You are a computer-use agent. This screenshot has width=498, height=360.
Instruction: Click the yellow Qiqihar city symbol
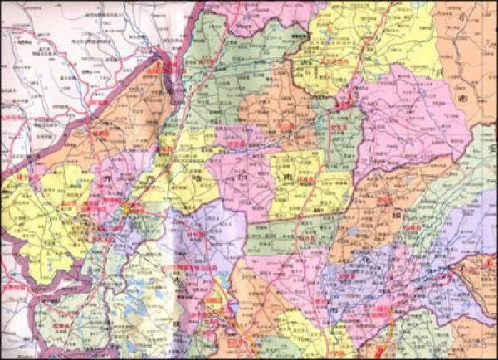tap(126, 208)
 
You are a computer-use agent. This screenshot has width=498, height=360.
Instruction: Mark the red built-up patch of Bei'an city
tap(345, 104)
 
